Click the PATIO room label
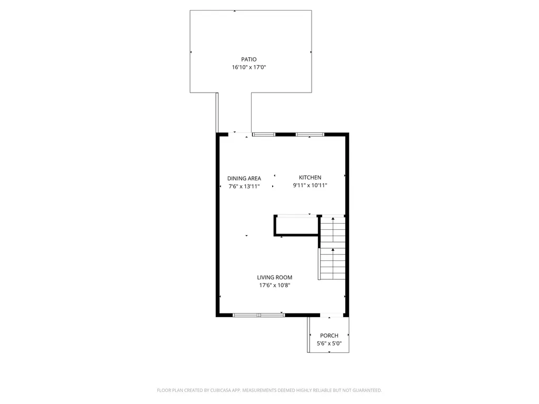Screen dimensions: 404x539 click(x=249, y=59)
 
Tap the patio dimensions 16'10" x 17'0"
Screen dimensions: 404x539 click(x=249, y=67)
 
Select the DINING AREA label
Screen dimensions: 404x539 click(x=244, y=178)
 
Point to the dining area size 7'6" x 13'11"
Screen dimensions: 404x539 click(x=244, y=186)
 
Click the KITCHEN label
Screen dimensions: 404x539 click(x=310, y=177)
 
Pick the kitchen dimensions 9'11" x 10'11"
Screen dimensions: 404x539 click(x=310, y=185)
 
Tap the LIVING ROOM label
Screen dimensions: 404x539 click(x=274, y=277)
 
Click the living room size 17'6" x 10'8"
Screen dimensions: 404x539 click(x=274, y=285)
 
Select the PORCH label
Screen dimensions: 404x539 click(x=329, y=336)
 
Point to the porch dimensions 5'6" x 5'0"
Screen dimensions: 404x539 click(x=329, y=344)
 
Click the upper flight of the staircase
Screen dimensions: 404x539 click(x=333, y=230)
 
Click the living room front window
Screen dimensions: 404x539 click(x=258, y=315)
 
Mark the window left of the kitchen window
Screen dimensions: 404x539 click(x=264, y=135)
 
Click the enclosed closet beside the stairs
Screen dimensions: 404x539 click(x=296, y=225)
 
